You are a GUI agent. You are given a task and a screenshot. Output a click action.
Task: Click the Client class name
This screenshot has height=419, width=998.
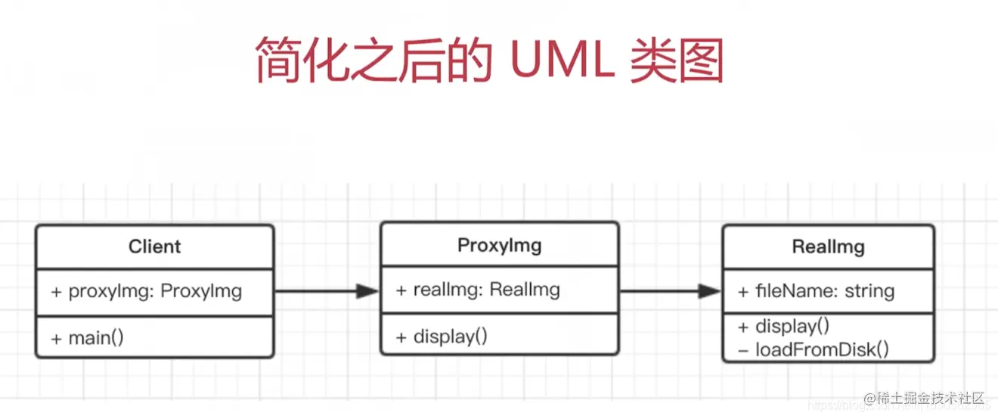(x=154, y=247)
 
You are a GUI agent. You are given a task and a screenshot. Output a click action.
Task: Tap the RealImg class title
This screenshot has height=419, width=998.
(x=828, y=247)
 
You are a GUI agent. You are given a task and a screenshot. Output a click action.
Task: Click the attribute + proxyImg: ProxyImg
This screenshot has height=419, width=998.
(x=147, y=291)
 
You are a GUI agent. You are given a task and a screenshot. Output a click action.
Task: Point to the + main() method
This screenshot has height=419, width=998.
(x=87, y=337)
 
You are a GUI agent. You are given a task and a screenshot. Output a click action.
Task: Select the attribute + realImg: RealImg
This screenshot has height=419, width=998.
(x=478, y=289)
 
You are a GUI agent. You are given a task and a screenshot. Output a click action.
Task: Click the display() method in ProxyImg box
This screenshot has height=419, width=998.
(x=442, y=336)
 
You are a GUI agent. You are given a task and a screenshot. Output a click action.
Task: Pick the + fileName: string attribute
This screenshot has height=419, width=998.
(x=815, y=290)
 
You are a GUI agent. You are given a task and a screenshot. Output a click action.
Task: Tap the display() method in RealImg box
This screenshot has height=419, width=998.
(x=783, y=326)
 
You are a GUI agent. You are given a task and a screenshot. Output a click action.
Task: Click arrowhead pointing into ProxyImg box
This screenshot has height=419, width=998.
(x=367, y=291)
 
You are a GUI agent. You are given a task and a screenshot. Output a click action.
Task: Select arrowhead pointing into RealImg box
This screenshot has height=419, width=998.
(x=709, y=291)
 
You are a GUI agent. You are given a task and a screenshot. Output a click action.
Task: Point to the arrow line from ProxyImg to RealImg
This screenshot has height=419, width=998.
(x=658, y=291)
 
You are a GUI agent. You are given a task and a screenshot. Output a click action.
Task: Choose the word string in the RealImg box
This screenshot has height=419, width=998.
(x=869, y=290)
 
